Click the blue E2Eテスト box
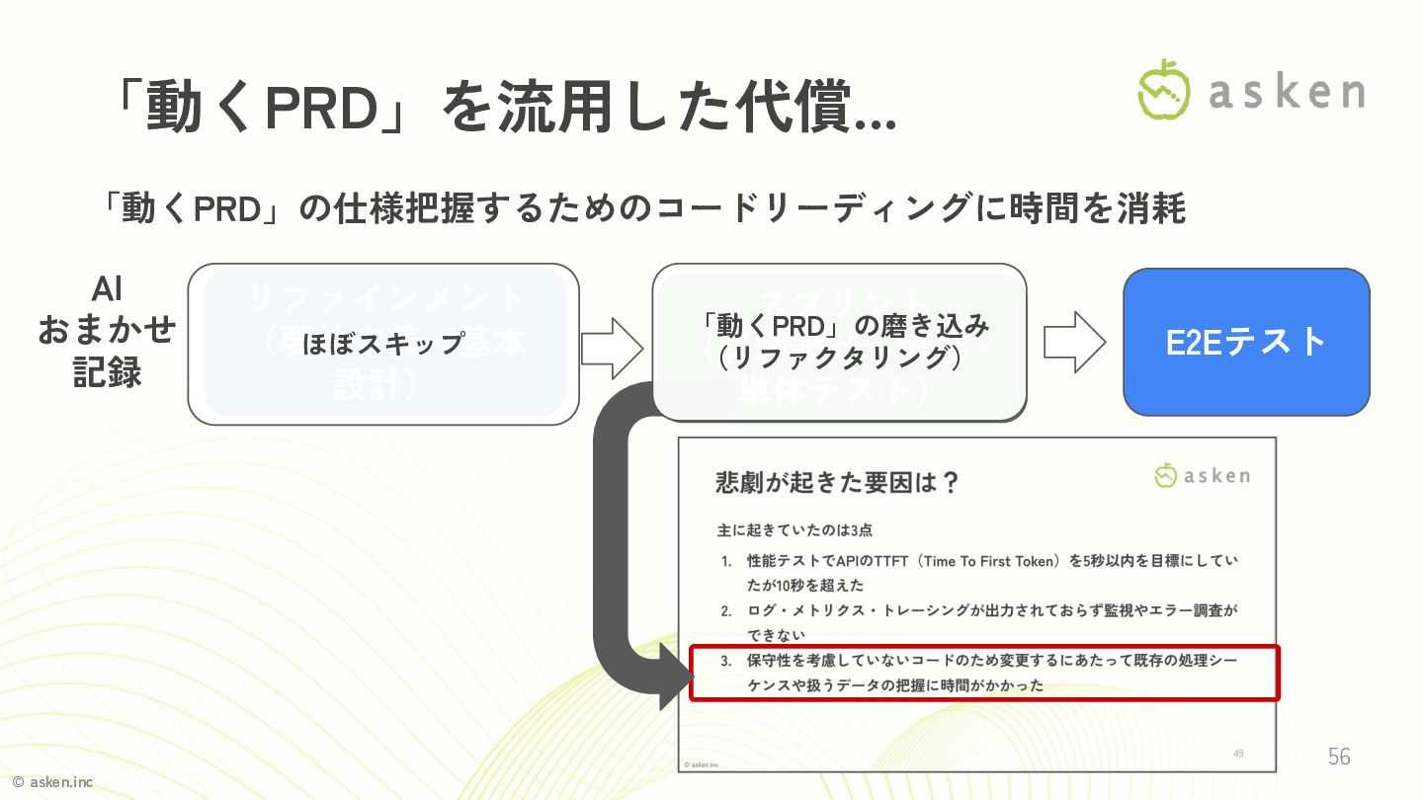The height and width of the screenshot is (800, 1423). tap(1246, 342)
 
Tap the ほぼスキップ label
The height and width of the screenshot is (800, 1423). tap(382, 343)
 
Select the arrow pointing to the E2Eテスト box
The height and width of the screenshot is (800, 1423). tap(1074, 342)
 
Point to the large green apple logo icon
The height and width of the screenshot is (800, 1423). tap(1164, 90)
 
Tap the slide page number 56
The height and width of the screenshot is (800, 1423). tap(1339, 757)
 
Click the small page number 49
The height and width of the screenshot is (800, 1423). tap(1239, 754)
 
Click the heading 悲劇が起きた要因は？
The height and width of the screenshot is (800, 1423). tap(837, 483)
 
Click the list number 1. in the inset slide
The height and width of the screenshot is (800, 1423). tap(726, 562)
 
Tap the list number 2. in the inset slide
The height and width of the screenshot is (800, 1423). tap(726, 611)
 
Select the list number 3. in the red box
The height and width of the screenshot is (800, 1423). tap(726, 660)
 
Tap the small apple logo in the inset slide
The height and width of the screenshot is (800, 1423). tap(1166, 476)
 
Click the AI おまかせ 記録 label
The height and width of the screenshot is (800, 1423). tap(107, 331)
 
